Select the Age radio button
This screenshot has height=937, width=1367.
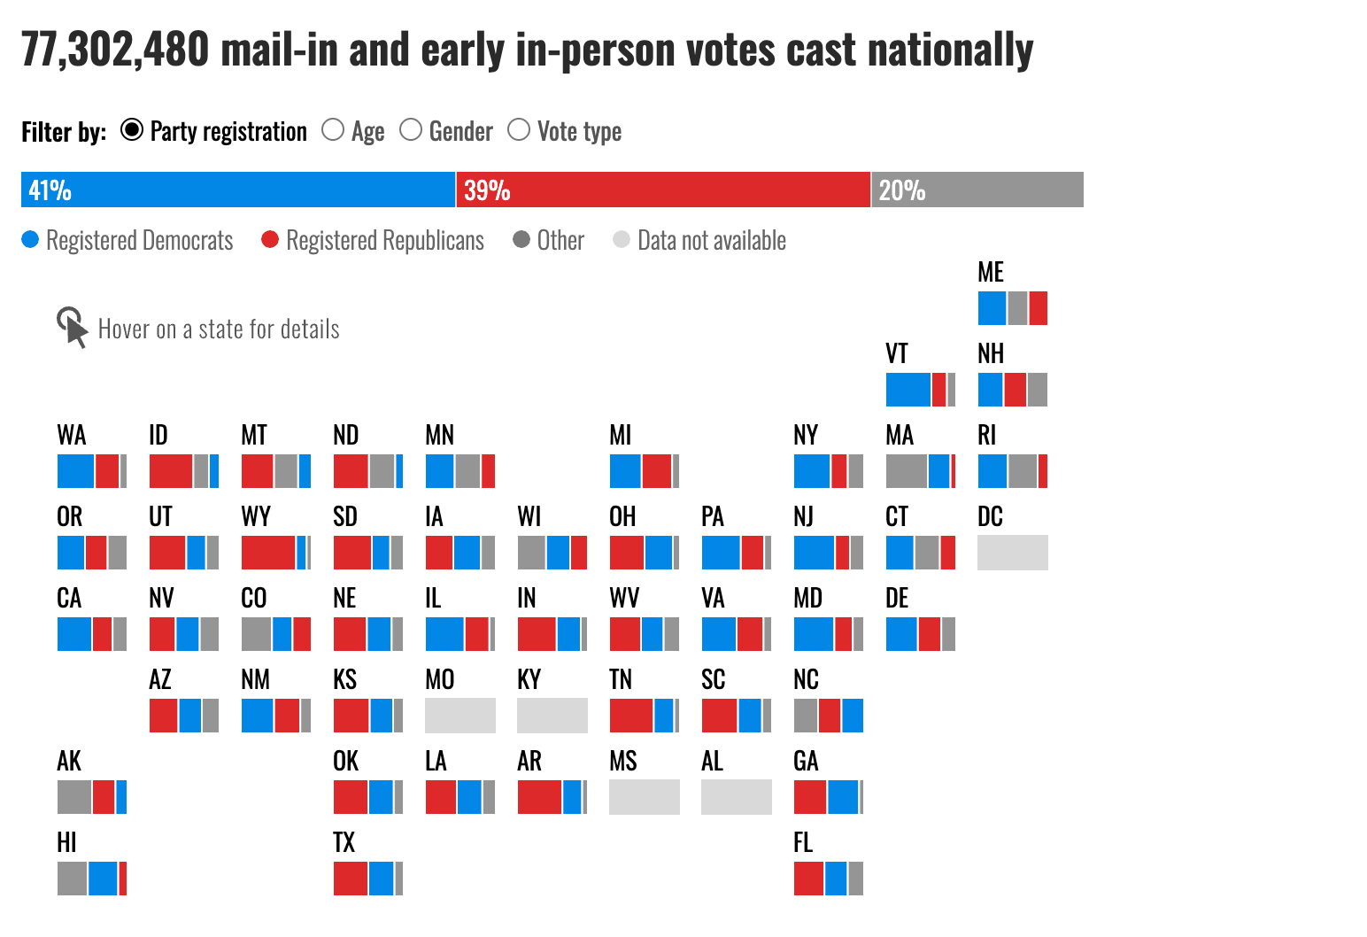coord(333,130)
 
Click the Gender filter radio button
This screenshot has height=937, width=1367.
coord(411,130)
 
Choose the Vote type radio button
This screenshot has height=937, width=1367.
coord(519,130)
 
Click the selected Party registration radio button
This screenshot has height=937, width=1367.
coord(132,130)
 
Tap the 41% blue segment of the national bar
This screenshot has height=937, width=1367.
coord(237,190)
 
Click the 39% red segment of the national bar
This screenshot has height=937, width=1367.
coord(663,190)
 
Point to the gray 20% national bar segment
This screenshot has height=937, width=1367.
coord(977,190)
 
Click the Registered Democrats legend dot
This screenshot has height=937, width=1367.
coord(30,240)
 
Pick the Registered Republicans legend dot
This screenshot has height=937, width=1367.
coord(270,240)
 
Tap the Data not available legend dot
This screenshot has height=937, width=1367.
coord(622,240)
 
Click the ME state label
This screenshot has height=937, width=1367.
coord(991,273)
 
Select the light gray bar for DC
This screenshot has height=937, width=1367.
coord(1013,553)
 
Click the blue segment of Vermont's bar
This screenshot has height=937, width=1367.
coord(908,390)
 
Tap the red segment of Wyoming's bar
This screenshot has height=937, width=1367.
coord(268,553)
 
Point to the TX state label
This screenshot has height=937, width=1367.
coord(344,843)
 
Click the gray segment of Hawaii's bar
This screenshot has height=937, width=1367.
coord(73,879)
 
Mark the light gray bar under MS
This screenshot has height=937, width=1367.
coord(645,797)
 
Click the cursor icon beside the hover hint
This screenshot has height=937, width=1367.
coord(72,328)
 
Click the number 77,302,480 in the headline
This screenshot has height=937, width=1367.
coord(115,50)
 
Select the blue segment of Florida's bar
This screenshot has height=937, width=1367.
coord(836,879)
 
